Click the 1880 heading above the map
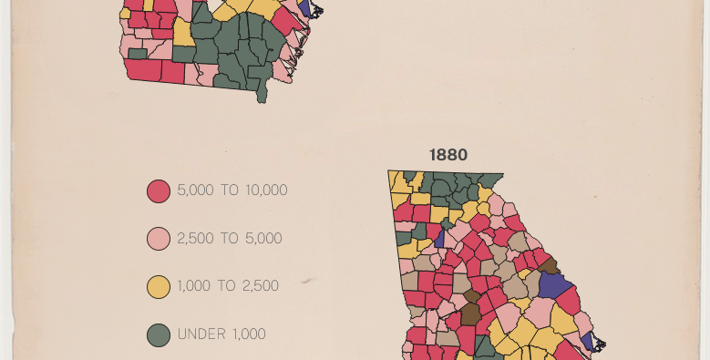click(448, 155)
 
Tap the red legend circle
click(159, 191)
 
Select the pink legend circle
click(159, 239)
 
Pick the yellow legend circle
click(159, 287)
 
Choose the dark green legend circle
click(159, 334)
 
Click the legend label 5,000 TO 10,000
click(232, 190)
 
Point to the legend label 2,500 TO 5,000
click(229, 239)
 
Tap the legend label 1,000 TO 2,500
click(227, 286)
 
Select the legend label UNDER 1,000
click(221, 334)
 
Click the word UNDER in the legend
click(201, 334)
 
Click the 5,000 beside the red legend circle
click(195, 190)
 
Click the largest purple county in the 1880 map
click(554, 283)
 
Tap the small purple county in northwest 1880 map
click(440, 239)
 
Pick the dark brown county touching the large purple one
click(551, 265)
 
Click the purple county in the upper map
click(304, 6)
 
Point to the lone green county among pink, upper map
click(138, 54)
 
